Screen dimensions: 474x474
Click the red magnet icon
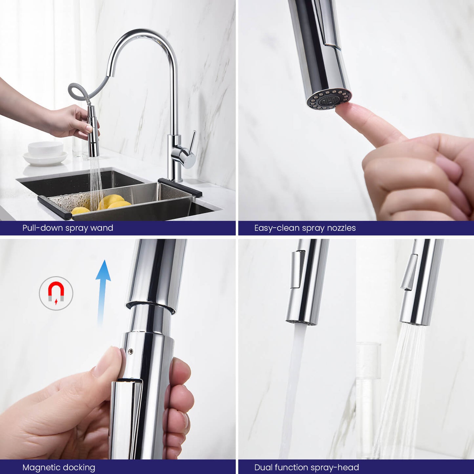point(56,292)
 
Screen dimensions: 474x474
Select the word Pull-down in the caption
point(43,228)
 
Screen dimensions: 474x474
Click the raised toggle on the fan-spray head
point(409,272)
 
